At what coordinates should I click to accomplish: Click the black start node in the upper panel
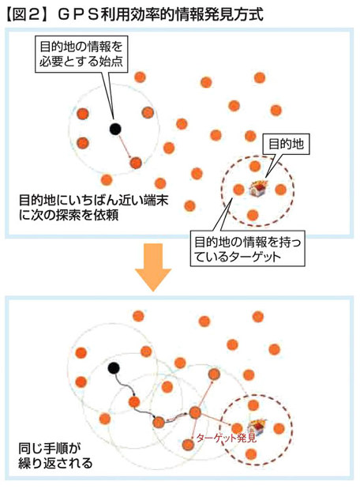(115, 129)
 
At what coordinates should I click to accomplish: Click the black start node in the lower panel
(114, 368)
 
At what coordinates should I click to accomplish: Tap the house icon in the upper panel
(259, 188)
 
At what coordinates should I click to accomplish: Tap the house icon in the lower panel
(257, 427)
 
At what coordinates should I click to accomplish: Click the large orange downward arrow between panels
(153, 267)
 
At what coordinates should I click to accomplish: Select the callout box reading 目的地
(286, 145)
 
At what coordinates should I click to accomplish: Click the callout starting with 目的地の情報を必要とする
(81, 55)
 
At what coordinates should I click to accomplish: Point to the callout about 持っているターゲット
(247, 249)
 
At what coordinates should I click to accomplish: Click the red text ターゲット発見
(227, 438)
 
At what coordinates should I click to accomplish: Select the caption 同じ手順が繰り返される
(55, 456)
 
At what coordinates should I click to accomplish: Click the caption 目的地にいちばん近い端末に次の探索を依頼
(93, 208)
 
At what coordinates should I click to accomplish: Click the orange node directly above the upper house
(255, 166)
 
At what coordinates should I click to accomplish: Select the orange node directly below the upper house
(253, 215)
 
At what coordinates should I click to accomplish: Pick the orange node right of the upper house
(280, 190)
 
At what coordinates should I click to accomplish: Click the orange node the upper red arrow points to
(136, 163)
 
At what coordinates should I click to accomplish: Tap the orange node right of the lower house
(279, 428)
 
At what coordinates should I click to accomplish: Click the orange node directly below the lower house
(251, 454)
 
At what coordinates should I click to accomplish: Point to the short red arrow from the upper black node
(124, 146)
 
